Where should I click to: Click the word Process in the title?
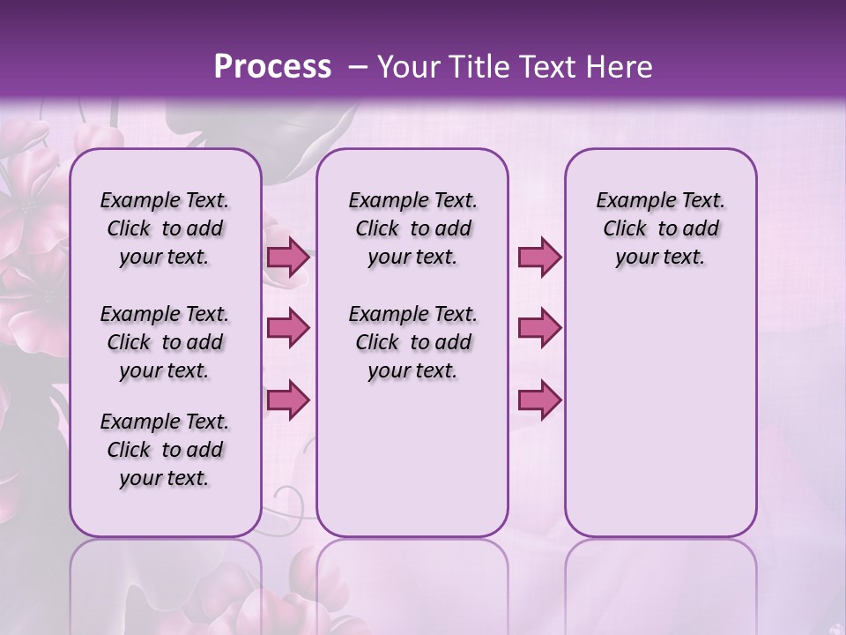pos(272,66)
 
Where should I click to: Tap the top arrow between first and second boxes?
pos(288,258)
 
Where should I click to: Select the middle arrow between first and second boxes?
pos(288,328)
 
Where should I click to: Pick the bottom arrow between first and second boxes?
pos(288,400)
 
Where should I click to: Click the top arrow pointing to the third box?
pos(539,258)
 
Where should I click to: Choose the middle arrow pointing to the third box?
pos(539,328)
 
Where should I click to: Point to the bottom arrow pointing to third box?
pos(539,400)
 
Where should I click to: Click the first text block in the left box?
pos(165,228)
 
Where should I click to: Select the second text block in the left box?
pos(165,342)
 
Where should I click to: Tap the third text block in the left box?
pos(165,450)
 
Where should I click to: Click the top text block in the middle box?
pos(412,228)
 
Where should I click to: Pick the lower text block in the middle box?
pos(412,342)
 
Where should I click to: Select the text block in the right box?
pos(660,228)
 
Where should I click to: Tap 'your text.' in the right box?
pos(660,257)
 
